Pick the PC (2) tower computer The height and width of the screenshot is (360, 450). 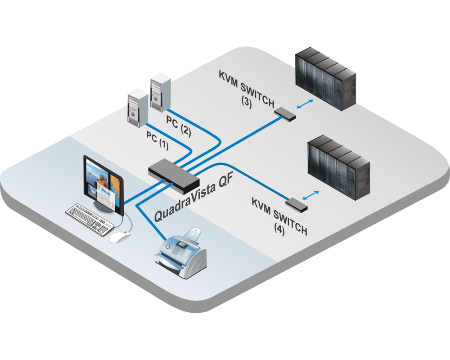click(159, 92)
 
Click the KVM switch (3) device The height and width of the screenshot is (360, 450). click(285, 113)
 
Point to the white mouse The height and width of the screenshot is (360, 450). click(119, 237)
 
